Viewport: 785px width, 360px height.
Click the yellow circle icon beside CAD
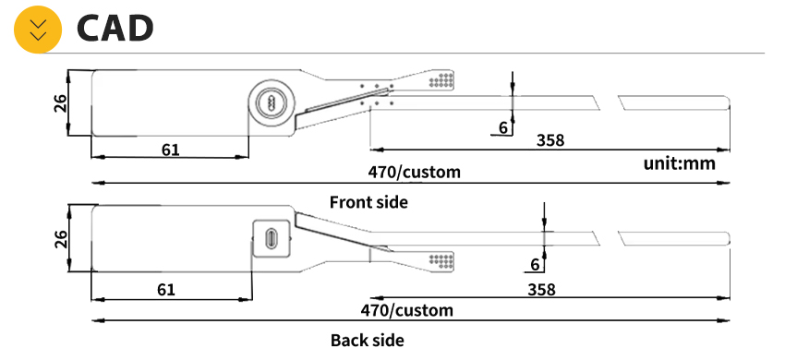coord(38,29)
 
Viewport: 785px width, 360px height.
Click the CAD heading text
coord(115,29)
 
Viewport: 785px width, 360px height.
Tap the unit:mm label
coord(680,163)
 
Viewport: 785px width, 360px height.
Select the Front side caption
coord(368,202)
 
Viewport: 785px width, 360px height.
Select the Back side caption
coord(367,341)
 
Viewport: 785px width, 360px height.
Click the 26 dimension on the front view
coord(60,103)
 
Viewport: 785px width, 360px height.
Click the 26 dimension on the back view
coord(60,239)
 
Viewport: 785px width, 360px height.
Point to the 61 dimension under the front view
coord(170,150)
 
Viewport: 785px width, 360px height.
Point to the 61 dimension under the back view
coord(166,290)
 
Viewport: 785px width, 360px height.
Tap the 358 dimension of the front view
coord(550,140)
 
